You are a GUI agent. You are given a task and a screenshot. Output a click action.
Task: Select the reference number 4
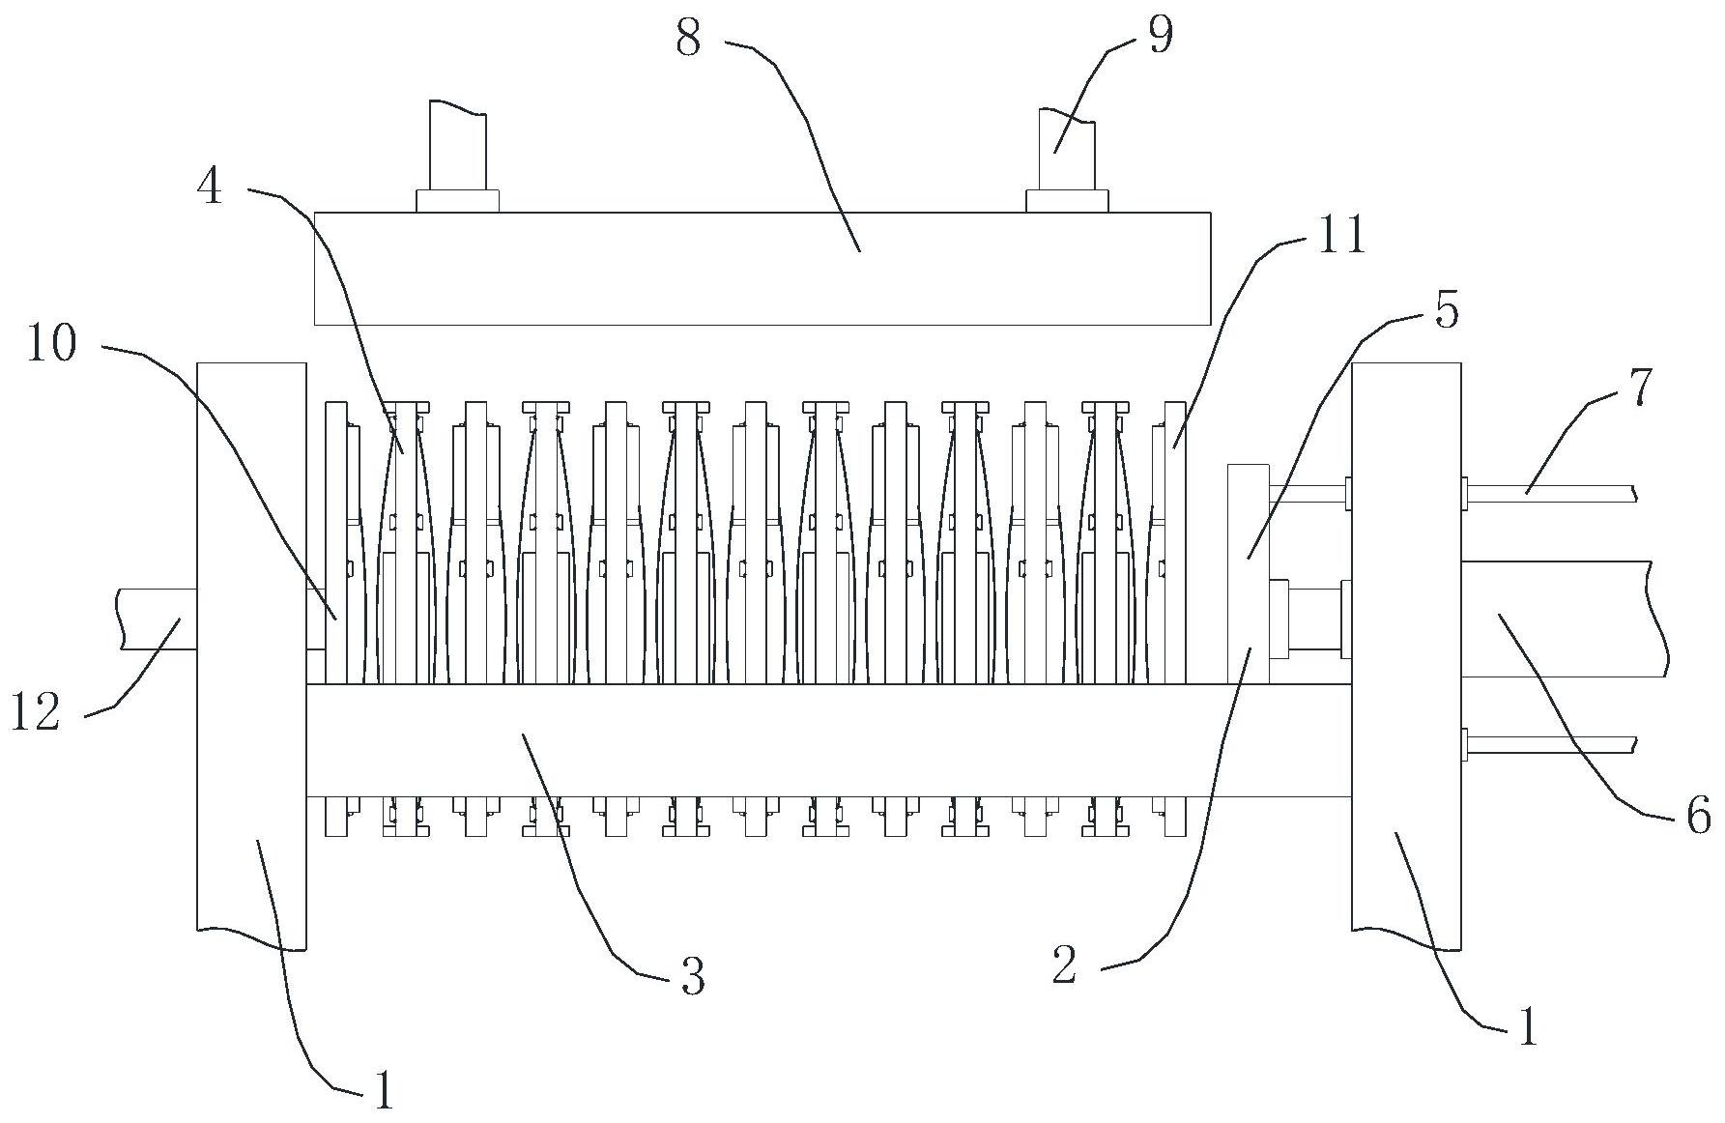209,186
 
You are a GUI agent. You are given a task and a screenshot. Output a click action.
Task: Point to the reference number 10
51,343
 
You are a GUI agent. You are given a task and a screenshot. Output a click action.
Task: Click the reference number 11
1339,235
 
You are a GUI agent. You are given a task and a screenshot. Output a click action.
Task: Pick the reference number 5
1446,311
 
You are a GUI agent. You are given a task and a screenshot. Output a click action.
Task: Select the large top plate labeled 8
762,269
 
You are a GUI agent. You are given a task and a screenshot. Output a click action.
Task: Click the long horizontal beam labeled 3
827,740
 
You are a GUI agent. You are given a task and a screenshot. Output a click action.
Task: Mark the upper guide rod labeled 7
1546,493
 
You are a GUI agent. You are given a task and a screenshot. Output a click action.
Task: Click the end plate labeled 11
1174,541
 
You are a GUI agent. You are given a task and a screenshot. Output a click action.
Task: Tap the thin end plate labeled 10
335,541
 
